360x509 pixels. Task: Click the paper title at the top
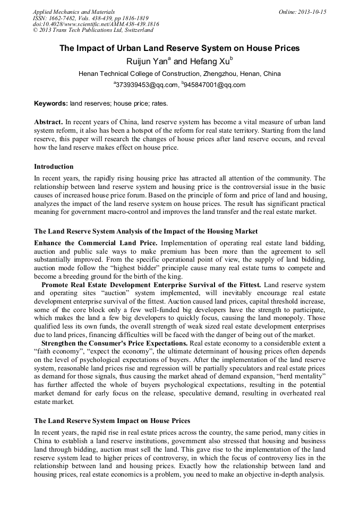[x=179, y=48]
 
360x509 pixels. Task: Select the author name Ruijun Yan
[x=146, y=62]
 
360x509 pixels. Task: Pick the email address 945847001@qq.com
[x=215, y=85]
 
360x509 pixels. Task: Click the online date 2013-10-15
[x=302, y=12]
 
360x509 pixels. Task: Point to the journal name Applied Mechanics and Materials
[x=74, y=12]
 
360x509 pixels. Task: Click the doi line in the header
[x=96, y=24]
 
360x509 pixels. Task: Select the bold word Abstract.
[x=49, y=122]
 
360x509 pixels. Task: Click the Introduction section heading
[x=54, y=167]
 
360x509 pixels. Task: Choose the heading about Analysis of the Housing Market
[x=146, y=231]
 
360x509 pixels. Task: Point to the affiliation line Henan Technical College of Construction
[x=179, y=74]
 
